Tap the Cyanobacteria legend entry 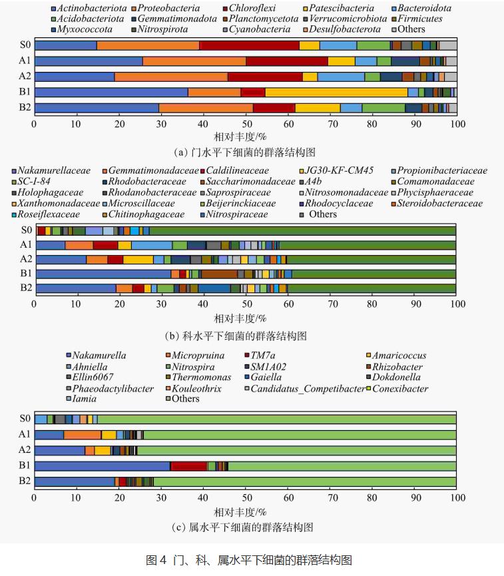(259, 29)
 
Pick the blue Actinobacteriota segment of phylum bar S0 (65, 45)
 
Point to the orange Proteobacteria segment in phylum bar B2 (206, 107)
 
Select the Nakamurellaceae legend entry (55, 170)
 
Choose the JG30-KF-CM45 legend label (344, 170)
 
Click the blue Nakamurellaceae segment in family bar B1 (103, 273)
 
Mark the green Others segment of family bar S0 (303, 230)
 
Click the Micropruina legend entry (198, 356)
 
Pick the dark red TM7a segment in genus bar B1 (189, 466)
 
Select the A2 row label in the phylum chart (25, 77)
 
